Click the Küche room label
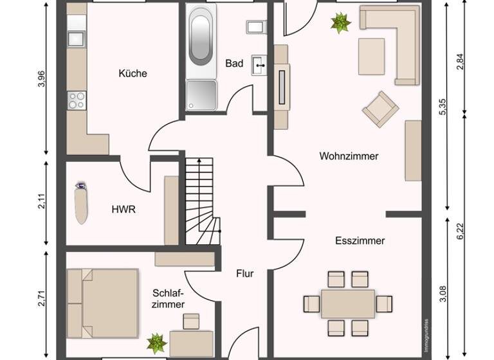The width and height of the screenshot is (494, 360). (133, 73)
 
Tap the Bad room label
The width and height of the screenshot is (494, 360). (234, 64)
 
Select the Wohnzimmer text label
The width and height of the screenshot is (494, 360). (349, 156)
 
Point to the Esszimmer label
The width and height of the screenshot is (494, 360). (360, 240)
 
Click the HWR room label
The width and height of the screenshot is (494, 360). (123, 209)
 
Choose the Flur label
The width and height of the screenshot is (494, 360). (244, 273)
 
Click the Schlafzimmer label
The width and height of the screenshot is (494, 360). (168, 298)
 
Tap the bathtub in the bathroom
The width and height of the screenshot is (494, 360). (200, 39)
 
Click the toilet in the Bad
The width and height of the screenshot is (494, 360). (256, 27)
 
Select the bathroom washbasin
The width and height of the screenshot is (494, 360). (259, 64)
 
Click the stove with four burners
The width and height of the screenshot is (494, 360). (77, 100)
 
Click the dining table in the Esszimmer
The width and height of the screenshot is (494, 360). (348, 303)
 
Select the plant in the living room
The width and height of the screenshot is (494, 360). (340, 24)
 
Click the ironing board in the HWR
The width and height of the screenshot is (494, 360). (81, 202)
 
